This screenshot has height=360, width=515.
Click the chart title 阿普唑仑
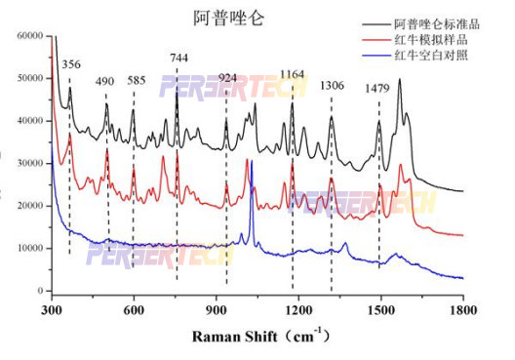[229, 18]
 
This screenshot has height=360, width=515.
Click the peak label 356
[71, 64]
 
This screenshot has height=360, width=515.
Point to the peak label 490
[105, 81]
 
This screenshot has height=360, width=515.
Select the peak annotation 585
[137, 81]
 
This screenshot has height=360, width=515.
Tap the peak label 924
[227, 78]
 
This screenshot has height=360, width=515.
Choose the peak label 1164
[292, 74]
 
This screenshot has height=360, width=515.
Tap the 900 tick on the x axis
[216, 309]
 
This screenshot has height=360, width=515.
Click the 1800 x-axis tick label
[462, 309]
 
